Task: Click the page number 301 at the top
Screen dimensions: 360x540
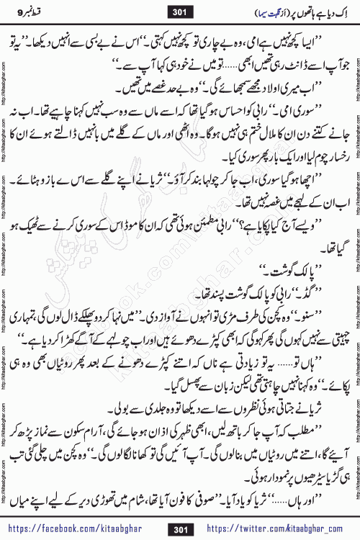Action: tap(179, 12)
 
